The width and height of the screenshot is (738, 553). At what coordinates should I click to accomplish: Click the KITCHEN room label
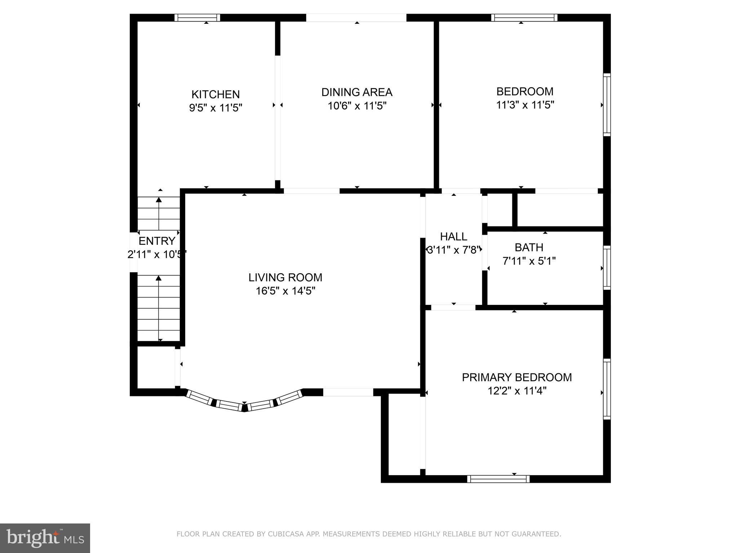tap(215, 94)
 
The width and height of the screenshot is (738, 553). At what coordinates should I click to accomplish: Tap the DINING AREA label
tap(357, 92)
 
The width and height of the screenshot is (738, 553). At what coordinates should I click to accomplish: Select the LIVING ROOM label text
tap(285, 277)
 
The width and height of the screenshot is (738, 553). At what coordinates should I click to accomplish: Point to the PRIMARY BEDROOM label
tap(517, 377)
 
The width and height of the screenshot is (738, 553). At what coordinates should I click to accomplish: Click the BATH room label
tap(529, 247)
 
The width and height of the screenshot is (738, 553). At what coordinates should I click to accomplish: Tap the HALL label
tap(454, 237)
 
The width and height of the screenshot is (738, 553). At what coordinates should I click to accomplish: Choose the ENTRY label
tap(157, 241)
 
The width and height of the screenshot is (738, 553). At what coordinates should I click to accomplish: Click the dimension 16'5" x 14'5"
tap(285, 291)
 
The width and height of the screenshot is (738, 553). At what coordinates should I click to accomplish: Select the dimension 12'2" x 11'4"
tap(517, 391)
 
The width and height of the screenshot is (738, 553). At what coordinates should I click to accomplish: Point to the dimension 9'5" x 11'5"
tap(215, 108)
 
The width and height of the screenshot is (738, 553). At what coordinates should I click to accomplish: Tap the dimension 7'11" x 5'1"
tap(529, 261)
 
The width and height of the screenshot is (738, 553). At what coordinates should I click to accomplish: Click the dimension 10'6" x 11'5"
tap(357, 106)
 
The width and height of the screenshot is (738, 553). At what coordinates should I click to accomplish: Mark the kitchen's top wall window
tap(197, 18)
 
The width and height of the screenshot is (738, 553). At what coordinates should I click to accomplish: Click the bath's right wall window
tap(607, 267)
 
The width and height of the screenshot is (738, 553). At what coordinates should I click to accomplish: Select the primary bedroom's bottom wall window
tap(498, 479)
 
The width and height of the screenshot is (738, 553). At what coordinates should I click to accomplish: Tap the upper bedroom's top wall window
tap(524, 18)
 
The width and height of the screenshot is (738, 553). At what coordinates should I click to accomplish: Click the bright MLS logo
tap(45, 538)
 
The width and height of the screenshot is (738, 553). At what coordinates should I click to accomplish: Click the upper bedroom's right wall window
tap(607, 104)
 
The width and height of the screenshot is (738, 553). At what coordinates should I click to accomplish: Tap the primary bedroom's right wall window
tap(607, 389)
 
